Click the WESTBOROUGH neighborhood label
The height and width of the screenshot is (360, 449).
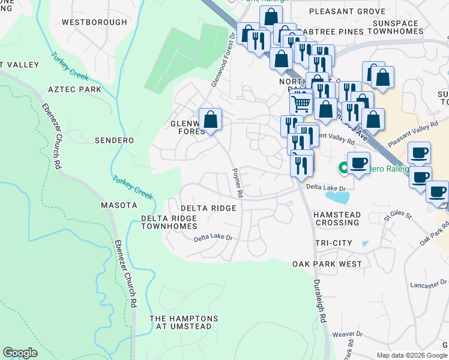95,22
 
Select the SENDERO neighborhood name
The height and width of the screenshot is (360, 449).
114,140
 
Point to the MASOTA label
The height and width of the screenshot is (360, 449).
119,205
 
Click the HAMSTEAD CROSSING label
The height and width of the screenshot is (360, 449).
337,218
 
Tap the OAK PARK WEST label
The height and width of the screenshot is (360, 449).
327,264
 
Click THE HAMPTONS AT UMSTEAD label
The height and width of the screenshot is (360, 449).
181,322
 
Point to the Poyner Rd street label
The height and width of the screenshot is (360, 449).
238,183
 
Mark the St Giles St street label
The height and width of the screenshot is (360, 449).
399,215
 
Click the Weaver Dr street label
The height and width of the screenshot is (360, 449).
348,334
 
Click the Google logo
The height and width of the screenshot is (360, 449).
20,353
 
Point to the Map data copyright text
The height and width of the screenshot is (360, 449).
412,355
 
